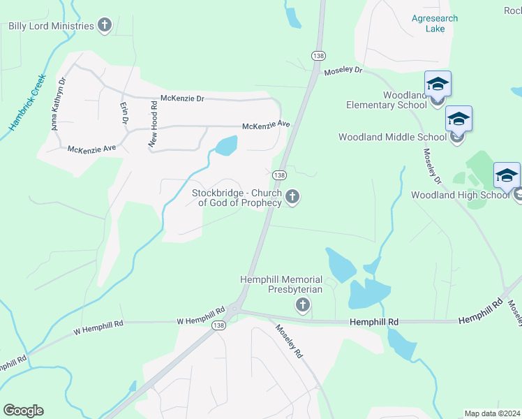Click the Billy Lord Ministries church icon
coord(105,26)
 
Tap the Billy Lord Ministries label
coord(51,26)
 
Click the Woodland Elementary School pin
coord(438,84)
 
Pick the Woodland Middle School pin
coord(458,119)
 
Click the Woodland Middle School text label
coord(390,137)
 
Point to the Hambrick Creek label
coord(27,103)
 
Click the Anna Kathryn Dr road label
coord(58,104)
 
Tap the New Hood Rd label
coord(152,123)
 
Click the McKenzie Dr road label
coord(182,99)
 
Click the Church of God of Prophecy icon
coord(292,198)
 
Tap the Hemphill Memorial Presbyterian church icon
coord(302,304)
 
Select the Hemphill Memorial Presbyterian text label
coord(281,284)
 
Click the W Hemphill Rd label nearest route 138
coord(200,321)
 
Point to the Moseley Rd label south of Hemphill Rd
coord(288,341)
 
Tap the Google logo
coord(23,411)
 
